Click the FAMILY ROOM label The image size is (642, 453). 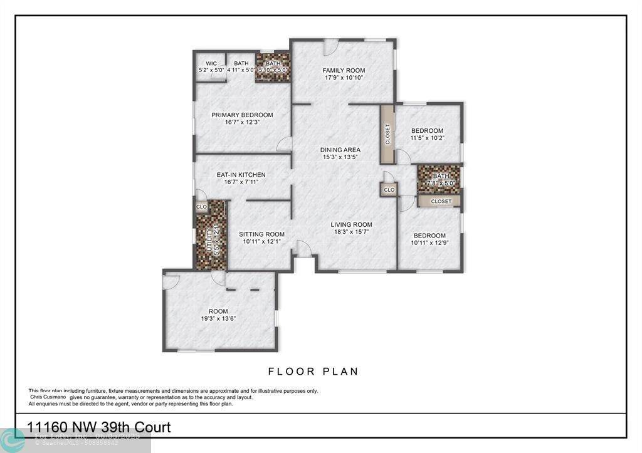344,70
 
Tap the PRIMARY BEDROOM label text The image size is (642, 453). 242,115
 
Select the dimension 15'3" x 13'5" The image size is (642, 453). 340,158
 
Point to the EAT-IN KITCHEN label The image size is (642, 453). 241,175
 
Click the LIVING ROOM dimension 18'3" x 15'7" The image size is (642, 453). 351,232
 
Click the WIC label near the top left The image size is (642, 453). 211,63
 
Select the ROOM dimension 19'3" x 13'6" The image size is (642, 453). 218,319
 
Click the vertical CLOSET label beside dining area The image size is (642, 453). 387,134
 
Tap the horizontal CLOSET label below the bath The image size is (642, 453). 441,201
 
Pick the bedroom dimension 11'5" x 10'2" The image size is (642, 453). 427,138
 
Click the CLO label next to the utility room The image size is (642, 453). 202,207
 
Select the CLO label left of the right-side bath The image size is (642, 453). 389,189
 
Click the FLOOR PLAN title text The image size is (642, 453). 313,372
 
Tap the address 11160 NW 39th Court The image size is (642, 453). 98,427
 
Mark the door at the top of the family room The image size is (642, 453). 331,46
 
